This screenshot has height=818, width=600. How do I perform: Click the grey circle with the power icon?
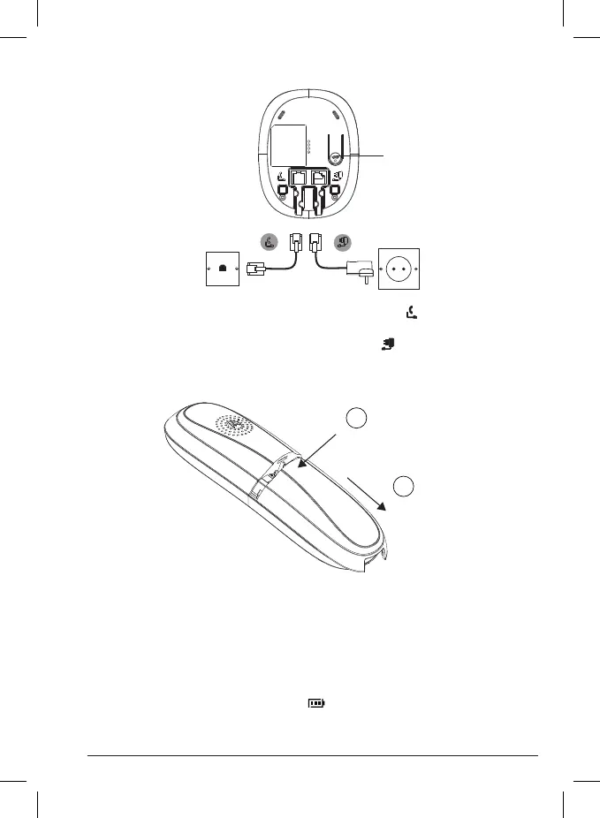[340, 242]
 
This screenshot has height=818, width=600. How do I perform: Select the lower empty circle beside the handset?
[404, 485]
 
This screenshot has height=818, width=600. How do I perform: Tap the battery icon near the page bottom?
[315, 703]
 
